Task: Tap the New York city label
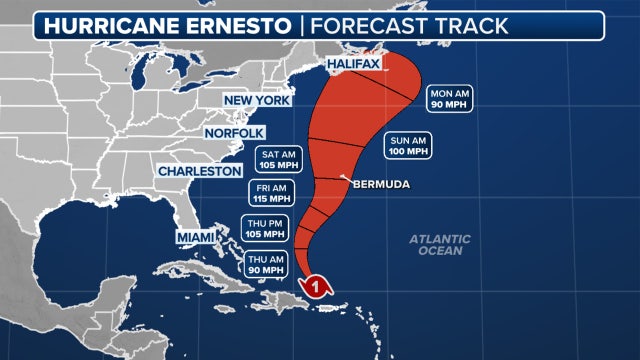[257, 101]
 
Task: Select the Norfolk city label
[234, 133]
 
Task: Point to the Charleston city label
[198, 171]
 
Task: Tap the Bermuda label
[383, 185]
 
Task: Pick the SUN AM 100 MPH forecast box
[408, 146]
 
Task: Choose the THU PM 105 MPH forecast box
[264, 229]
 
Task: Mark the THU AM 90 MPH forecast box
[264, 264]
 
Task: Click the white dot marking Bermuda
[343, 179]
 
